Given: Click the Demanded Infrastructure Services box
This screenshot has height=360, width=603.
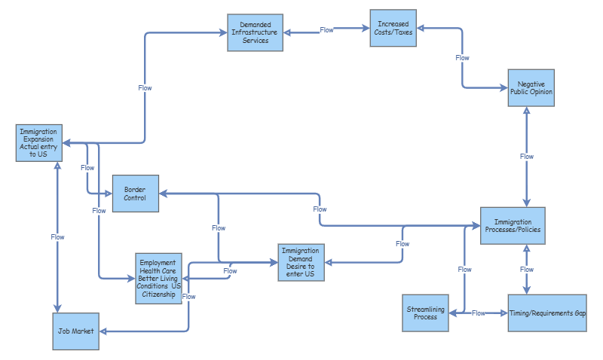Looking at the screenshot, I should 256,32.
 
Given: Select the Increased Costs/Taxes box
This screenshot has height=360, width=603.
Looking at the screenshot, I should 393,29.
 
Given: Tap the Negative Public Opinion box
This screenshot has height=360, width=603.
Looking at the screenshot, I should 531,87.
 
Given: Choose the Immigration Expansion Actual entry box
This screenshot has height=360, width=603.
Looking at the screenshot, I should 38,143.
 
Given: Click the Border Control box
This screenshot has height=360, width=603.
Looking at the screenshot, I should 135,194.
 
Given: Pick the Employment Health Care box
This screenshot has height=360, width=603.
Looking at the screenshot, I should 159,278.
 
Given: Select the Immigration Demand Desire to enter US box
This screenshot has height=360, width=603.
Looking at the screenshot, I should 301,262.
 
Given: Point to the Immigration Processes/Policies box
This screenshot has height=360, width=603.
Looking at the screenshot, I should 513,226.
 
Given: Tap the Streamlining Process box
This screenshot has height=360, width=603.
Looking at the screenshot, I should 425,313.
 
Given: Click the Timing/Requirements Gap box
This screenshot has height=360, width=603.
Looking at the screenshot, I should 547,313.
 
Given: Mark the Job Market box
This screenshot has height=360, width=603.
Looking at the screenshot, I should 75,331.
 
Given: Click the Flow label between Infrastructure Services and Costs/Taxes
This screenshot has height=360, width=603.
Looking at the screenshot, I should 326,30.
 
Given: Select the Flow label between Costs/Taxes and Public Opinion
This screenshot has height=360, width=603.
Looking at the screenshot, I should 462,58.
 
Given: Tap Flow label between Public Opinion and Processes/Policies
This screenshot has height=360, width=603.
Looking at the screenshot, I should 527,157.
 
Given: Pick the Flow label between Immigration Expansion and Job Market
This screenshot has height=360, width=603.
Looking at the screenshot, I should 57,237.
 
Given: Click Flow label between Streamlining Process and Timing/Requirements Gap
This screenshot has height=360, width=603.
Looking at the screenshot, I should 478,313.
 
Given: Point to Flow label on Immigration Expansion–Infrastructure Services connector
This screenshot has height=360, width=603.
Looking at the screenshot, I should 145,88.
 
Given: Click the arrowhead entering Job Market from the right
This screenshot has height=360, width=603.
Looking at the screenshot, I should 103,331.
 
